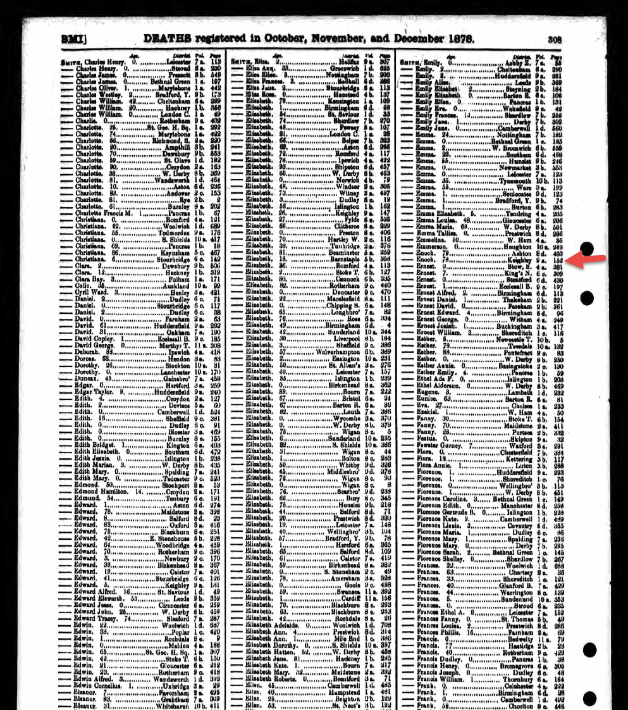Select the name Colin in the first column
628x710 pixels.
coord(83,286)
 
